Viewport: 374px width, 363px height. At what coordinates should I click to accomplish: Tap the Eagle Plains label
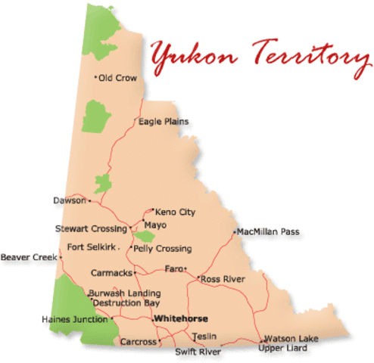click(x=164, y=121)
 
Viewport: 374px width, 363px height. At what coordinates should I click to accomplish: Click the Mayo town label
click(x=156, y=225)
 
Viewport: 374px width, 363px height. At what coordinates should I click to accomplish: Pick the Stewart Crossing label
click(x=92, y=228)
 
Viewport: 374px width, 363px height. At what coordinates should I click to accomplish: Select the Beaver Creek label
click(x=29, y=257)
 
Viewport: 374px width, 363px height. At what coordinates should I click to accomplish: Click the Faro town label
click(x=173, y=268)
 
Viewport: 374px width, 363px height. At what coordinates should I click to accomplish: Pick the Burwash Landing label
click(x=124, y=293)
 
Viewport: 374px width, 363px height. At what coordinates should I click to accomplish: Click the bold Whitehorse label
click(x=180, y=319)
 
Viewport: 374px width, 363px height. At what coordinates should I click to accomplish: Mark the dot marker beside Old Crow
click(x=95, y=77)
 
